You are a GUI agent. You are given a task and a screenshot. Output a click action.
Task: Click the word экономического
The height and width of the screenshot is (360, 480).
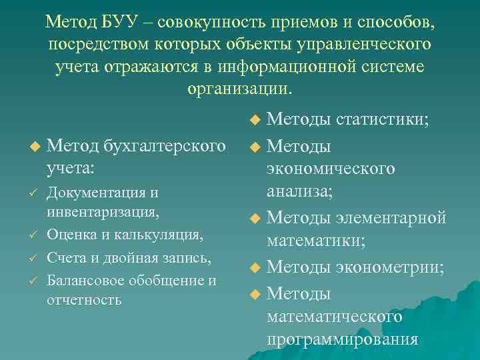tap(331, 169)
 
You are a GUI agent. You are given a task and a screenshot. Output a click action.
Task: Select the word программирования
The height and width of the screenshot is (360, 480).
tap(343, 339)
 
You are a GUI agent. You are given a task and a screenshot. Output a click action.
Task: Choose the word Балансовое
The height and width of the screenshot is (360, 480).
tap(86, 280)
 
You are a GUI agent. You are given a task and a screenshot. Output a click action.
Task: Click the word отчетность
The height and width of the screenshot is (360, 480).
tap(84, 299)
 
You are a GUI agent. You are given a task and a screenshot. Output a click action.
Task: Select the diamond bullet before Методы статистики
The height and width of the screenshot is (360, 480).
tap(253, 121)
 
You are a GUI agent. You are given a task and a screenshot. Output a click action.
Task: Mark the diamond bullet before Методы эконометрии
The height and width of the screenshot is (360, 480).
tap(253, 267)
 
